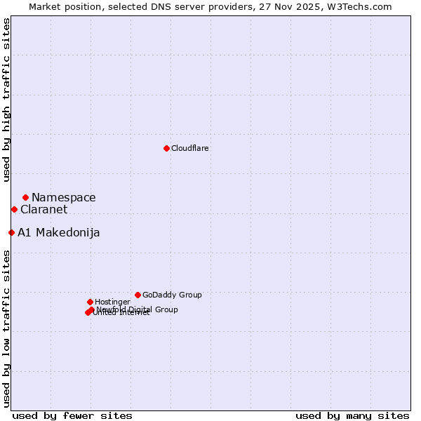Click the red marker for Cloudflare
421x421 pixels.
pos(166,148)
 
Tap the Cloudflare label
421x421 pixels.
pos(189,148)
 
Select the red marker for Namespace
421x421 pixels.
pos(25,197)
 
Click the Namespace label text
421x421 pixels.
pos(63,198)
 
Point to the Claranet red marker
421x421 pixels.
pos(14,209)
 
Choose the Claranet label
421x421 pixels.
pos(44,210)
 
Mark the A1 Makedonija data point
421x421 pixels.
pos(11,232)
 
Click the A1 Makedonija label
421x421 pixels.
pos(58,233)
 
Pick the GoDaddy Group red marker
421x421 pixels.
pos(138,295)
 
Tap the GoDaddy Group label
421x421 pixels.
pos(172,295)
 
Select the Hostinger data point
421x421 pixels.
pos(90,302)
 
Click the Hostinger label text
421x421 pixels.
pos(112,302)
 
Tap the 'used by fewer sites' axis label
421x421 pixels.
pos(72,415)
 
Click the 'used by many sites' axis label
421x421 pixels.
pos(352,415)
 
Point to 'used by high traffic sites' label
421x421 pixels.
pos(7,100)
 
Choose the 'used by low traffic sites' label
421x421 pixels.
pos(7,328)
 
